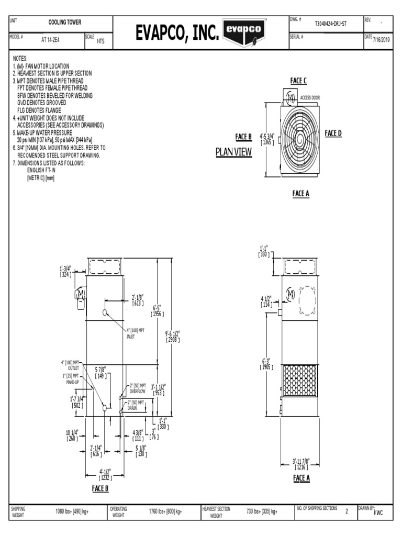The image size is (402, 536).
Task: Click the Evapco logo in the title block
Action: [243, 30]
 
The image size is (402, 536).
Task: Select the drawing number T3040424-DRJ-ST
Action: [330, 24]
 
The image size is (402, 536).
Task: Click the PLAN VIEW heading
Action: [234, 152]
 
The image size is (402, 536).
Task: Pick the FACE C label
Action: [298, 81]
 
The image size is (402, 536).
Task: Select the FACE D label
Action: [333, 133]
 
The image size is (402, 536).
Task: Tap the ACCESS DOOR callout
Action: [310, 98]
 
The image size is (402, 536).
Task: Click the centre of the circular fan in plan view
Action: [299, 139]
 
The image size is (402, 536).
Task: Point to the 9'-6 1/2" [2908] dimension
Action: [173, 337]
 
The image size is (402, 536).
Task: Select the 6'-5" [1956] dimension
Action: [157, 311]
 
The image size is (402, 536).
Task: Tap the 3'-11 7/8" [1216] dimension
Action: [301, 463]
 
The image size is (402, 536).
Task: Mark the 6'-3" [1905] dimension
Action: [267, 364]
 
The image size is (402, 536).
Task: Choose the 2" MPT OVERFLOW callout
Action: [138, 388]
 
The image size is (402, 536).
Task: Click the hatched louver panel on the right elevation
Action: [300, 379]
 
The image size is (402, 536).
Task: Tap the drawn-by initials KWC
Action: [378, 513]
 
